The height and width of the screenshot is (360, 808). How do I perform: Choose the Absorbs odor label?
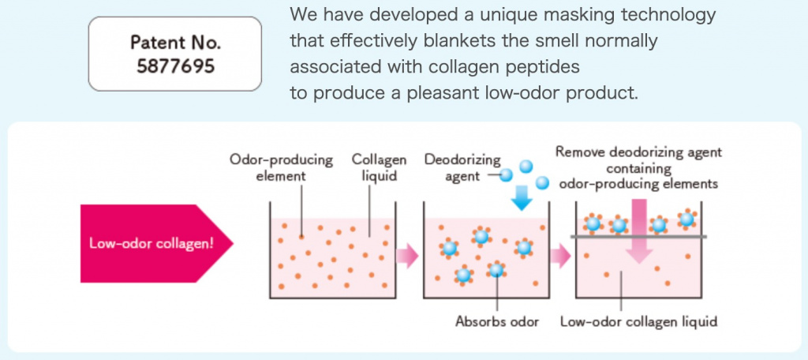click(496, 321)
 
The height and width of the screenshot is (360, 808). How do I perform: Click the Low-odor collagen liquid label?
click(638, 321)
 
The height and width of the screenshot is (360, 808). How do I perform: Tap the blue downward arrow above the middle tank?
click(521, 197)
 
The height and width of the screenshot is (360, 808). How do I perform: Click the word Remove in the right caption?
click(579, 152)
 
